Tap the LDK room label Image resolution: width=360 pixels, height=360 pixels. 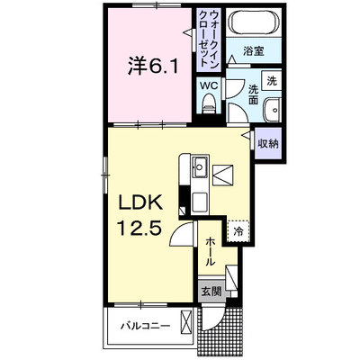pos(140,202)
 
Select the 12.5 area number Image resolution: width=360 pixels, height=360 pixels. pos(140,228)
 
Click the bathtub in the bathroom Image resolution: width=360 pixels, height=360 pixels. pos(253,23)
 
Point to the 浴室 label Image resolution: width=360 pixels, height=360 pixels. pos(254,51)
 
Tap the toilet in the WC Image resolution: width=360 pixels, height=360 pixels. pos(209,103)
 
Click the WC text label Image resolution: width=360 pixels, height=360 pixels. pos(209,85)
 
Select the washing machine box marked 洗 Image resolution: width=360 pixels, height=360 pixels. pos(271,81)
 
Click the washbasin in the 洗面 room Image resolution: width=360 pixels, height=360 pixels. pos(273,110)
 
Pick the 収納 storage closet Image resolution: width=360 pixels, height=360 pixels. pos(268,144)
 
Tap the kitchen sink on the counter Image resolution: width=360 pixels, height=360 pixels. pos(200,167)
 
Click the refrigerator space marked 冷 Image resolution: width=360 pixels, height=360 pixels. pos(238,231)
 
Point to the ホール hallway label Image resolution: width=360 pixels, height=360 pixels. pos(211,251)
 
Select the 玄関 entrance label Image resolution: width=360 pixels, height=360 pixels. pos(211,291)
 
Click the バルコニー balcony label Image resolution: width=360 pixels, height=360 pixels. pos(146,326)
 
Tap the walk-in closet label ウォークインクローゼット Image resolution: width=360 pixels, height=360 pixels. pos(209,39)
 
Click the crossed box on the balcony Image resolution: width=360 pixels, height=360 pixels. pos(186,323)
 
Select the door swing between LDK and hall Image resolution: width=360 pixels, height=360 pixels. pos(183,234)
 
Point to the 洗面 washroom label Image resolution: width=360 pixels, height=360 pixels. pos(254,94)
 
